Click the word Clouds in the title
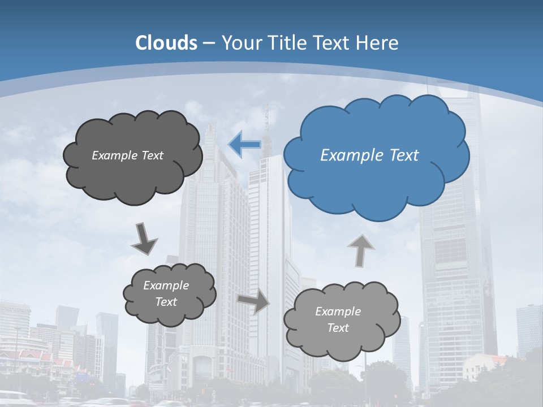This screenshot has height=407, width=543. (x=166, y=43)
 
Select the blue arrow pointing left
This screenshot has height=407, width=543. (x=244, y=145)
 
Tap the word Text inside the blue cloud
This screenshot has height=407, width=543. (x=404, y=155)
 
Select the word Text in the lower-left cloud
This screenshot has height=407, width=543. (x=166, y=302)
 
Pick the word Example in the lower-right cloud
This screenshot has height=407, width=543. (x=338, y=311)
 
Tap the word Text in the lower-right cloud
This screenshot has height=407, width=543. (x=338, y=328)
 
